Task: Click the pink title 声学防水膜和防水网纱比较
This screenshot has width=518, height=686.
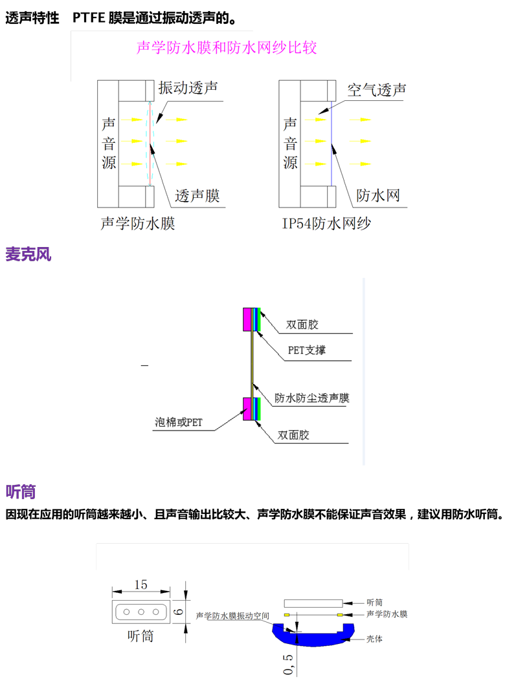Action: [x=227, y=48]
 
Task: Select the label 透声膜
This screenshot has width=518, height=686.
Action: [x=198, y=195]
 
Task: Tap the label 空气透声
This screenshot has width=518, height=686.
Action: [x=377, y=90]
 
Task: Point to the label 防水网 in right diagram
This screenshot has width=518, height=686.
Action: [x=379, y=195]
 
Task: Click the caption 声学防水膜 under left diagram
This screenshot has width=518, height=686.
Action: [x=138, y=224]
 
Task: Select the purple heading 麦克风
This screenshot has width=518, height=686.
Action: [x=28, y=254]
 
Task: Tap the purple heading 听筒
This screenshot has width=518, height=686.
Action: [x=21, y=492]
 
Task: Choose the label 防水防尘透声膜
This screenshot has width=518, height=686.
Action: [x=312, y=398]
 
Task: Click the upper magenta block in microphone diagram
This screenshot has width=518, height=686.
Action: [x=247, y=319]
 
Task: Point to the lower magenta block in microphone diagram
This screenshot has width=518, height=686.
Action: [x=247, y=409]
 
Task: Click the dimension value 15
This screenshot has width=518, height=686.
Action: [x=141, y=584]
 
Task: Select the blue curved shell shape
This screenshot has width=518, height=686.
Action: [x=313, y=637]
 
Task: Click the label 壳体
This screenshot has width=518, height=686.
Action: [x=374, y=639]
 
